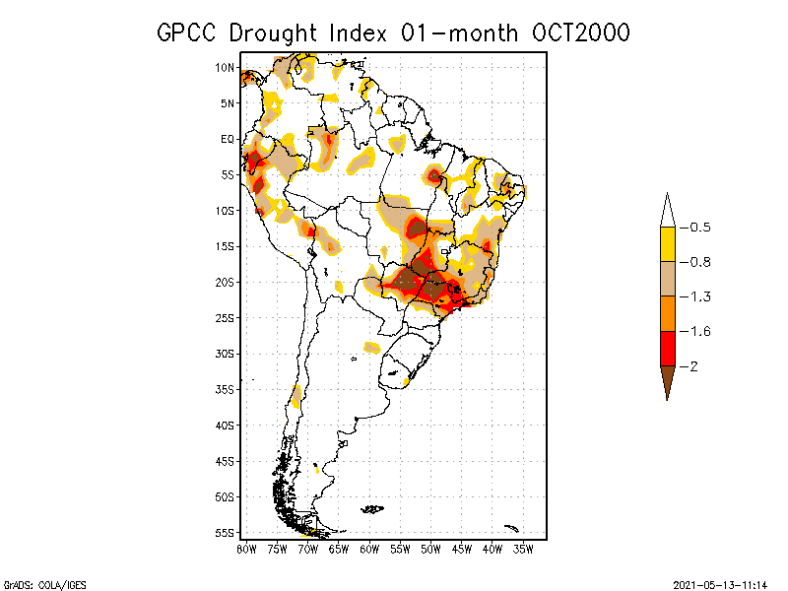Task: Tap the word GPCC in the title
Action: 188,33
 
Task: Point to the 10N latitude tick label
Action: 226,67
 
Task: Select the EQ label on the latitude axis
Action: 228,139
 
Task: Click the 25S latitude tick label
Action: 226,317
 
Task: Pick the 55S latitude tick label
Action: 226,532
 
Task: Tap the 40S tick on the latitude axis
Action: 226,425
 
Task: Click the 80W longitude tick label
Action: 246,549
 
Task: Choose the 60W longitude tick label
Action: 369,549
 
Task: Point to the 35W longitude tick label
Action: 523,549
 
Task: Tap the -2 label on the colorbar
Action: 693,366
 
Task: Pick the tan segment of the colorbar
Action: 667,279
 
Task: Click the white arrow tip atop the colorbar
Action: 667,211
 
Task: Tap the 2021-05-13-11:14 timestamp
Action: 720,583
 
